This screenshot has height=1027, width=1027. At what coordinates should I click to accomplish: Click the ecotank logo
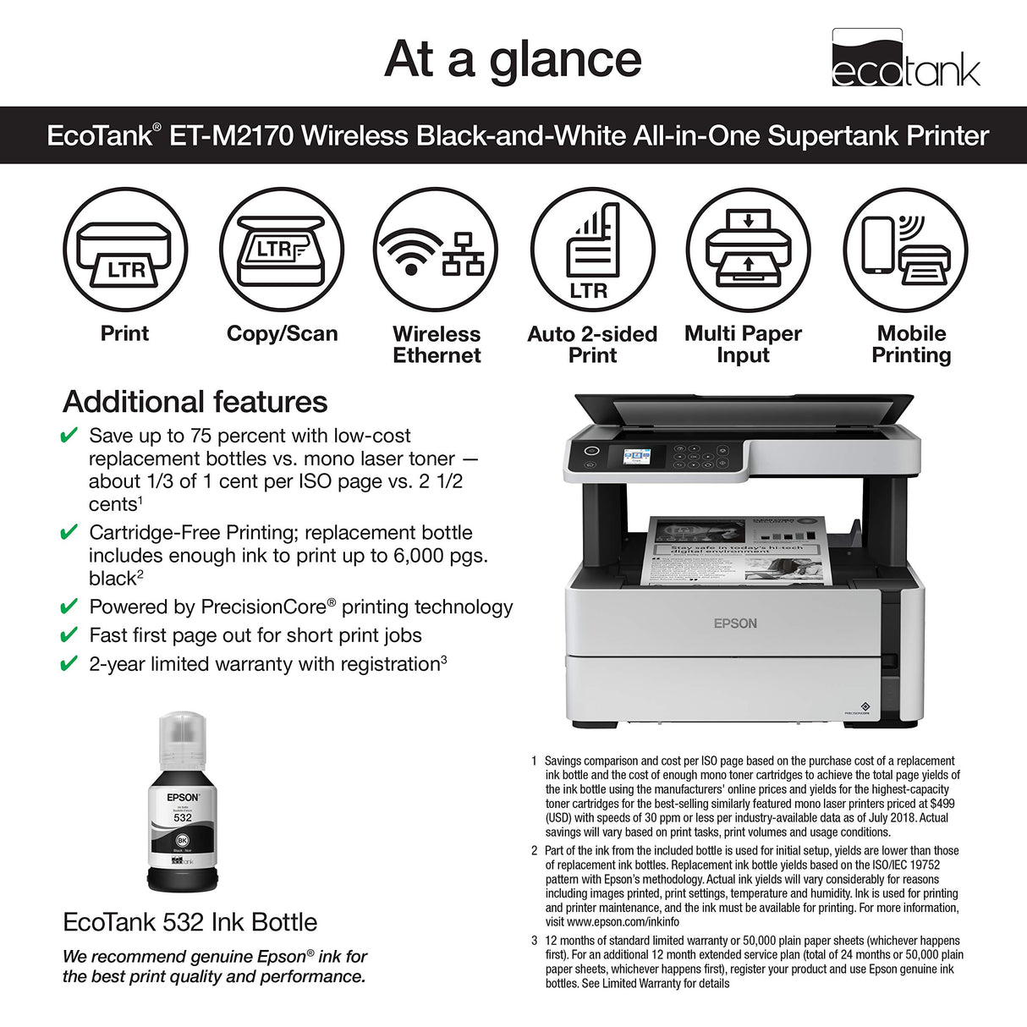pos(905,58)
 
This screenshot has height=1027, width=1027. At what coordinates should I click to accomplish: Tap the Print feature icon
pos(125,250)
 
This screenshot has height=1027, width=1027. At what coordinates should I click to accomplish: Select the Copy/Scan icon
pos(282,250)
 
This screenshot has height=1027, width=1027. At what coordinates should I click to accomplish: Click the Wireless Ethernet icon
pos(436,250)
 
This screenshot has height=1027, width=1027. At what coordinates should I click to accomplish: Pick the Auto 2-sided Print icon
pos(592,250)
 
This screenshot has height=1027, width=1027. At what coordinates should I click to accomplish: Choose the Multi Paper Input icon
pos(748,250)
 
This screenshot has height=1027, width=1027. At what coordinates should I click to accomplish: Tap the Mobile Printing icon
pos(905,250)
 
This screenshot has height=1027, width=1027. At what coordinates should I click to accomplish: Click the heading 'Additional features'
pos(195,402)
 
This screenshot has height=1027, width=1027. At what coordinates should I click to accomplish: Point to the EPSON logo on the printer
pos(735,623)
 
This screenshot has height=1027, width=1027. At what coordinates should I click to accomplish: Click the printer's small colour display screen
pos(637,457)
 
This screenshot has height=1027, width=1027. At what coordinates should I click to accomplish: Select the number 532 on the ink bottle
pos(183,817)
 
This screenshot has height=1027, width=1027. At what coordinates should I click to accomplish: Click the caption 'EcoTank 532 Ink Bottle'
pos(190,922)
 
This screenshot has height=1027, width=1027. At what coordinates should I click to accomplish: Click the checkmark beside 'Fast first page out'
pos(69,635)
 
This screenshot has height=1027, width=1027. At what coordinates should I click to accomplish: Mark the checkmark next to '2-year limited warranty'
pos(69,664)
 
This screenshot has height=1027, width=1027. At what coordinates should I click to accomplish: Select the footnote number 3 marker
pos(535,941)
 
